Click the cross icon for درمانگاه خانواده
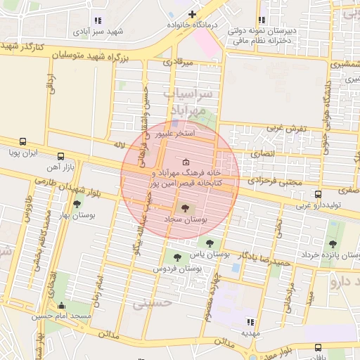pyautogui.click(x=192, y=14)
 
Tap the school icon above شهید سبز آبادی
pyautogui.click(x=97, y=21)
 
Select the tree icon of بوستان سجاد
pyautogui.click(x=185, y=208)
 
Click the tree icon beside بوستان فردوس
pyautogui.click(x=176, y=257)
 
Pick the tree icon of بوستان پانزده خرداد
pyautogui.click(x=332, y=244)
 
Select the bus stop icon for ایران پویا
pyautogui.click(x=23, y=141)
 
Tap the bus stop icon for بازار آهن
pyautogui.click(x=60, y=156)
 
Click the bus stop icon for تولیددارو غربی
pyautogui.click(x=318, y=194)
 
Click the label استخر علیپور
pyautogui.click(x=194, y=132)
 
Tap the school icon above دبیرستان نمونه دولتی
pyautogui.click(x=262, y=20)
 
